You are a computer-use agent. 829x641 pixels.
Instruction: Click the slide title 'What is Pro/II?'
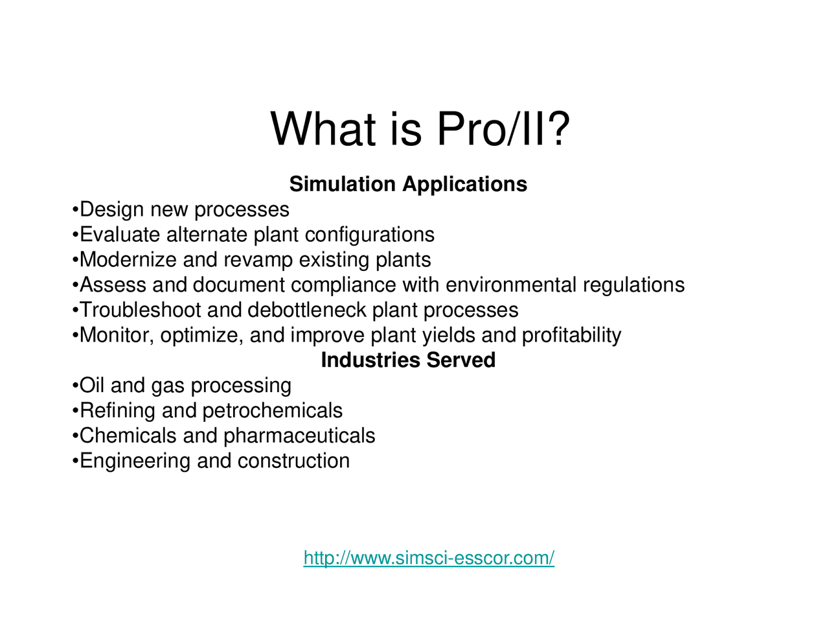[420, 128]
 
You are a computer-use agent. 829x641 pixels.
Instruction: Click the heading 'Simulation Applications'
[408, 184]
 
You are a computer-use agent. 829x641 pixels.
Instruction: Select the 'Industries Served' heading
[408, 360]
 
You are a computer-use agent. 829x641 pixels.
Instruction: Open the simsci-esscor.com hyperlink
[429, 558]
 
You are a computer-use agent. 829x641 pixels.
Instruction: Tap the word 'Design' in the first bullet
[112, 209]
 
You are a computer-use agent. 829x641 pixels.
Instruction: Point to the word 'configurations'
[370, 235]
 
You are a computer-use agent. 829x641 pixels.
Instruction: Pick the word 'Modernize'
[128, 260]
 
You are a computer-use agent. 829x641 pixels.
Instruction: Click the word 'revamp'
[258, 261]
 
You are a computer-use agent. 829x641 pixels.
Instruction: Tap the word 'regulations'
[633, 286]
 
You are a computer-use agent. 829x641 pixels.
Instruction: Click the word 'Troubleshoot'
[141, 310]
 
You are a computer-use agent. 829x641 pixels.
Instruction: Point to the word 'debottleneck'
[307, 310]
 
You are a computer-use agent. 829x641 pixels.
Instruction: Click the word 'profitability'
[571, 336]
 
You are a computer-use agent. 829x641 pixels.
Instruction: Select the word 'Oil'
[92, 385]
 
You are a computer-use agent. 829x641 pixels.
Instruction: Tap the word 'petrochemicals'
[273, 411]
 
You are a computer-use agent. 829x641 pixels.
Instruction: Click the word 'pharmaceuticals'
[299, 436]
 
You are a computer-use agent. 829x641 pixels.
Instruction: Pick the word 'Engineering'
[135, 461]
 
